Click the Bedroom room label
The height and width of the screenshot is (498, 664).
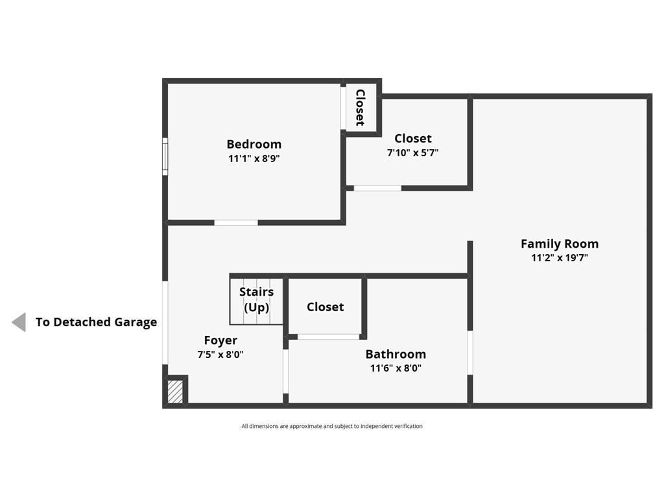(x=254, y=144)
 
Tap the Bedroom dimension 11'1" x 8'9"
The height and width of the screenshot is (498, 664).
(x=254, y=158)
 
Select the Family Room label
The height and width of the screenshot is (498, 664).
(x=559, y=244)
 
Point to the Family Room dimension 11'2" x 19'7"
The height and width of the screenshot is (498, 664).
(x=559, y=257)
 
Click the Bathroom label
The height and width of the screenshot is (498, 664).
(x=396, y=354)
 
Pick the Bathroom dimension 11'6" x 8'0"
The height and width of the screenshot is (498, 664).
(x=396, y=368)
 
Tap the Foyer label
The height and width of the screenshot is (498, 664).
(x=220, y=340)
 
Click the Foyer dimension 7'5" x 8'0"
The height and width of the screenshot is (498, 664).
(x=220, y=355)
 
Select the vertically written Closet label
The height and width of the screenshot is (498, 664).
(x=360, y=107)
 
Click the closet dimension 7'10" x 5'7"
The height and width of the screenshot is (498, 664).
(x=413, y=152)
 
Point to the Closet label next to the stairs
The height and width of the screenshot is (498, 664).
(x=325, y=307)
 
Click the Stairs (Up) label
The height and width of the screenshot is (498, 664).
(x=256, y=300)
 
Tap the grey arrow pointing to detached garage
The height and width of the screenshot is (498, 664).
(x=19, y=322)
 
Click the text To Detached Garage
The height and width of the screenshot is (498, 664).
(x=96, y=322)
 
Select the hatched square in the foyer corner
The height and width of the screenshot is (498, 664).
(x=175, y=392)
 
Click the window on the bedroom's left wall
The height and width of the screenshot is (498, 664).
(x=165, y=156)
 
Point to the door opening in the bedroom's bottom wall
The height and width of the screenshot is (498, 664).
(x=236, y=222)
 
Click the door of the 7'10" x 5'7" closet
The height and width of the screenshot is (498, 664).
(x=377, y=188)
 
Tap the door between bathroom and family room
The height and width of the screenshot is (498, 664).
(x=469, y=352)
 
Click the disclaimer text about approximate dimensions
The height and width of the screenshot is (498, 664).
(x=332, y=426)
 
